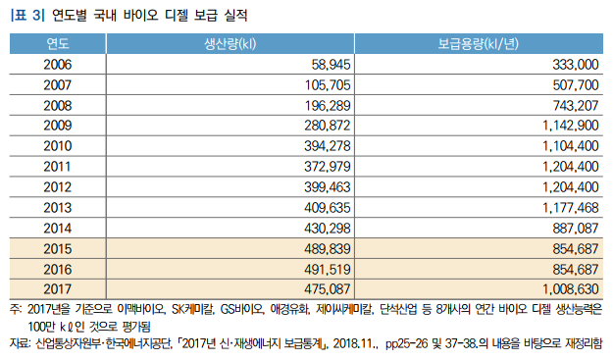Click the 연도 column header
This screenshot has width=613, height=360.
(57, 44)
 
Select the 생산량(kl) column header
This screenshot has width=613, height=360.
(229, 44)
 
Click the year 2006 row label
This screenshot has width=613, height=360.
(57, 65)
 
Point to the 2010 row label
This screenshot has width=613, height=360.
(57, 146)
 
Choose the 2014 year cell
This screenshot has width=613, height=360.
(57, 228)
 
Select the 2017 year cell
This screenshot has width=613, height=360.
(57, 288)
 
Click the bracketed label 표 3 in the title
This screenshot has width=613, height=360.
(26, 16)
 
